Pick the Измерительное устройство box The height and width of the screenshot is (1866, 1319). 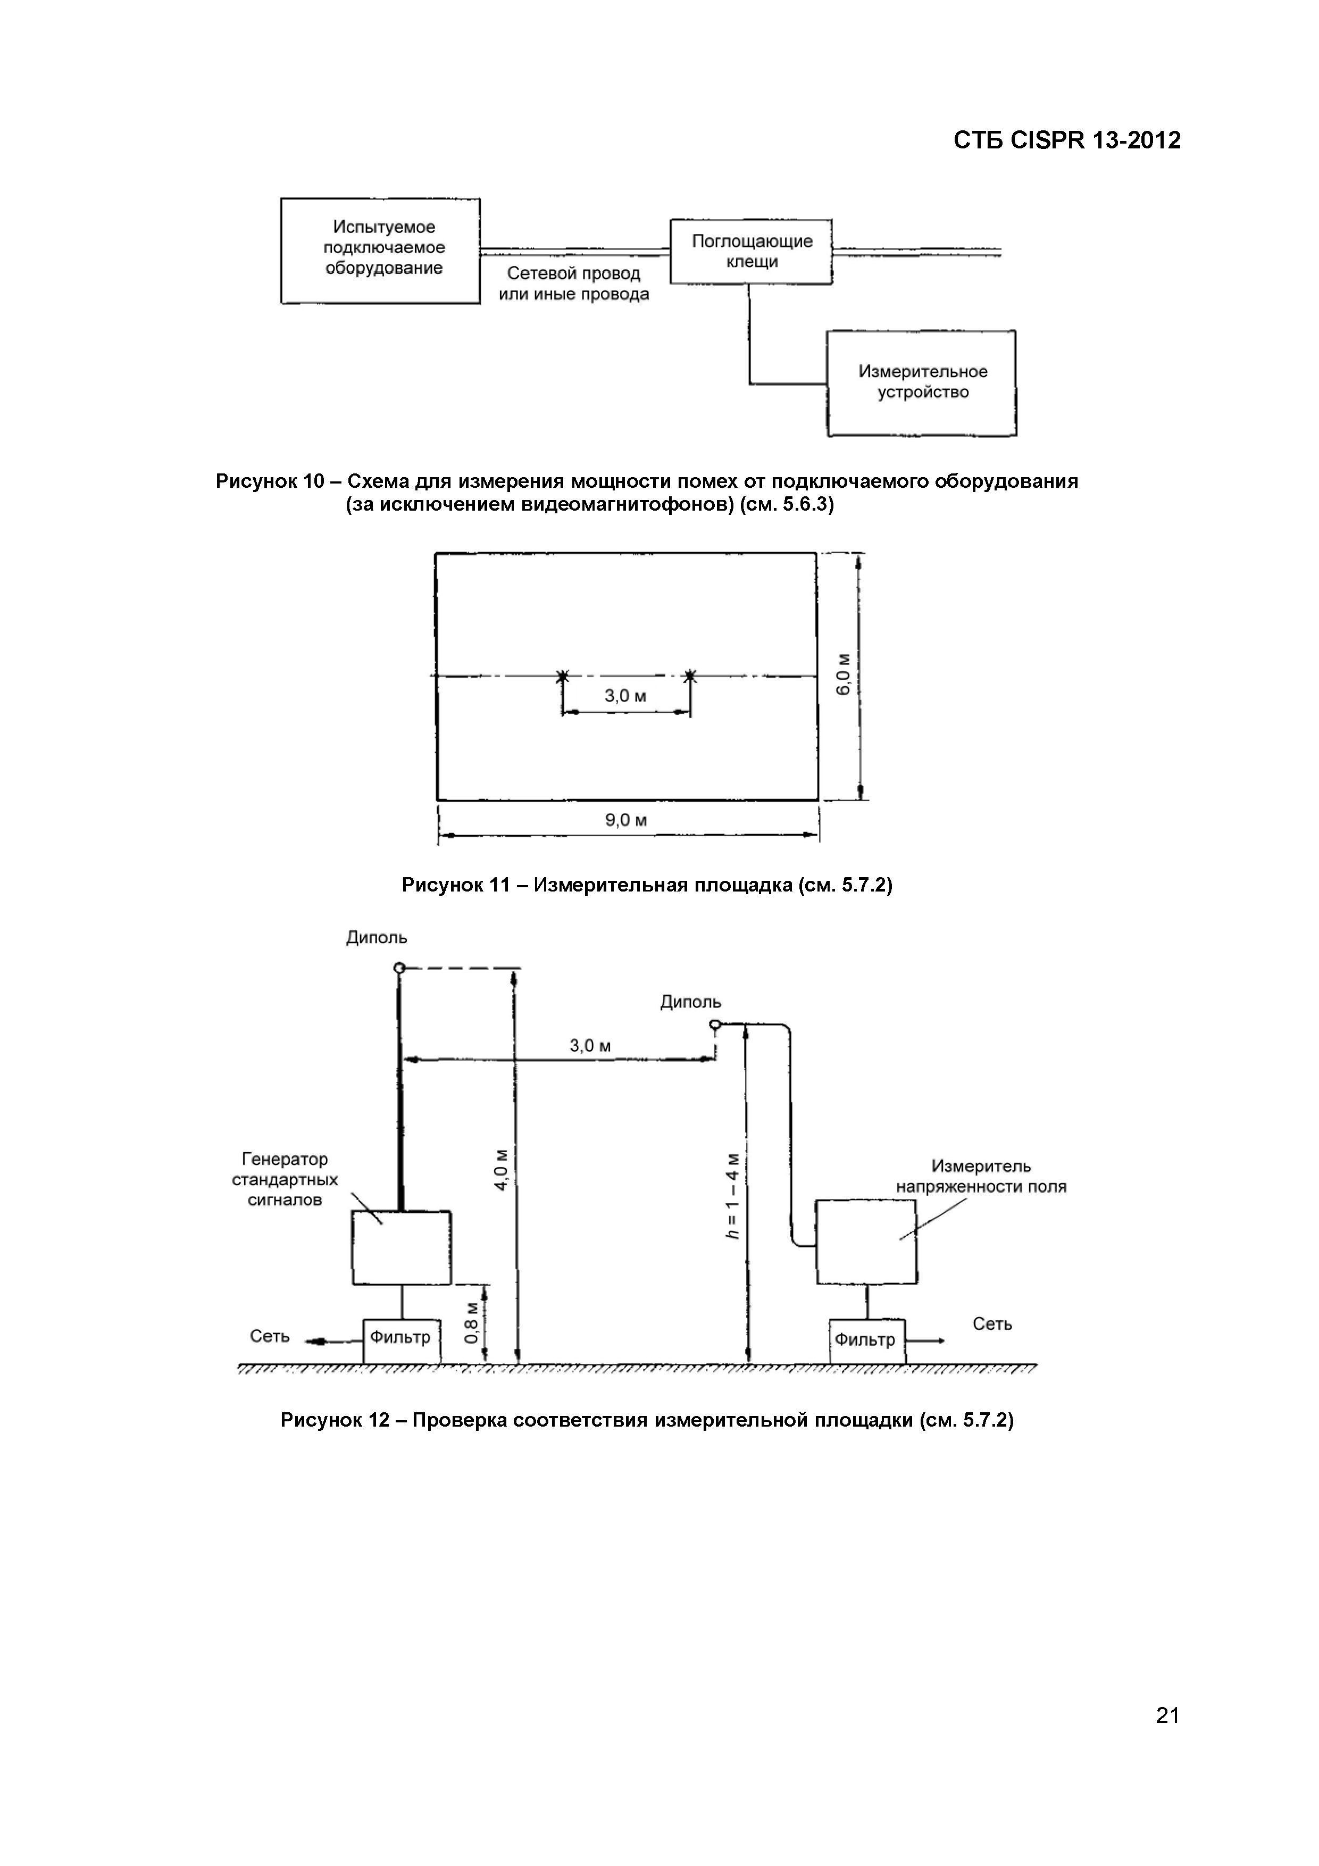[922, 383]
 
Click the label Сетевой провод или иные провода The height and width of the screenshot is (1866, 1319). [574, 284]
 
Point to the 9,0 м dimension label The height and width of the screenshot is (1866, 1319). [626, 820]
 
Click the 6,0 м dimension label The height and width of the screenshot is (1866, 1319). [844, 674]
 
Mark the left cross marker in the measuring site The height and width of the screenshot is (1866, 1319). [562, 676]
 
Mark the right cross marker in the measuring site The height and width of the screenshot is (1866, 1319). [690, 676]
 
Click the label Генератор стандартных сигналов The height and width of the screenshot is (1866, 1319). [285, 1179]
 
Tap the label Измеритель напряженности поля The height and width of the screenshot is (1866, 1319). [981, 1177]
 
